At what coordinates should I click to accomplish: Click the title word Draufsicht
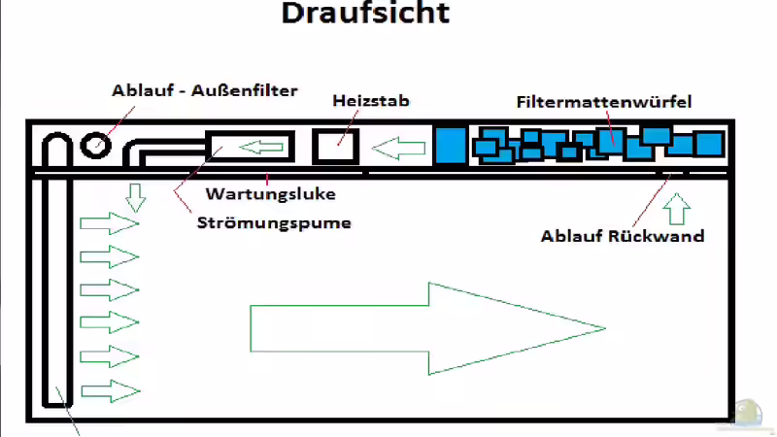[x=365, y=15]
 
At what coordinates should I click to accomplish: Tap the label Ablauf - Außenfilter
[x=204, y=91]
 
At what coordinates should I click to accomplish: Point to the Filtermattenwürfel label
[x=603, y=101]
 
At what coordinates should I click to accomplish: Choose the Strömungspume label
[x=274, y=221]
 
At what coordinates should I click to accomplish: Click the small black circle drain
[x=95, y=147]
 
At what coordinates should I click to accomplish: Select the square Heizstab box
[x=336, y=147]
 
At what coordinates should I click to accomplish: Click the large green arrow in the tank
[x=427, y=328]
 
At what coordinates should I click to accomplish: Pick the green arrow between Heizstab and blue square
[x=400, y=150]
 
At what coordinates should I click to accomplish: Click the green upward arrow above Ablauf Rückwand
[x=677, y=208]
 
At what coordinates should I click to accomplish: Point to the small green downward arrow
[x=136, y=198]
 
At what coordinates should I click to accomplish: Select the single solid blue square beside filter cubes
[x=450, y=146]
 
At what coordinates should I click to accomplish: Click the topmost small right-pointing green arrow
[x=109, y=224]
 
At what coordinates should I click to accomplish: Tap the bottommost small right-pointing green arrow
[x=109, y=392]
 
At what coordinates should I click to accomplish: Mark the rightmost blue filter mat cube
[x=708, y=145]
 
